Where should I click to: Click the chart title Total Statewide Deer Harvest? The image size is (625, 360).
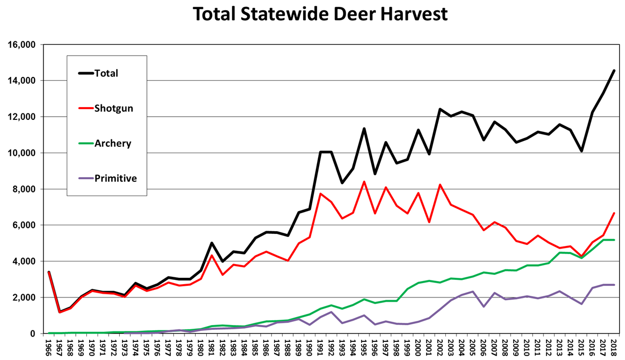point(320,14)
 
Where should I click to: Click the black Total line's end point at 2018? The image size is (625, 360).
point(614,71)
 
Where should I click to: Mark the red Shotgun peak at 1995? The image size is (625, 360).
point(364,181)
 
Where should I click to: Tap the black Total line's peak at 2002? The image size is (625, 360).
point(440,109)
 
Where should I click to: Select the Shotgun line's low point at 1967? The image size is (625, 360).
point(60,312)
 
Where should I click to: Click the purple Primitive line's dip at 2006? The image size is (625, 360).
point(483,306)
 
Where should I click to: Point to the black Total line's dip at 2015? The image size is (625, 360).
point(582,151)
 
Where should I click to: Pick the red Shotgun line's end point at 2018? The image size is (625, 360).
point(614,213)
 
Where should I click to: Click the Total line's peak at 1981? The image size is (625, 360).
point(212,243)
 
